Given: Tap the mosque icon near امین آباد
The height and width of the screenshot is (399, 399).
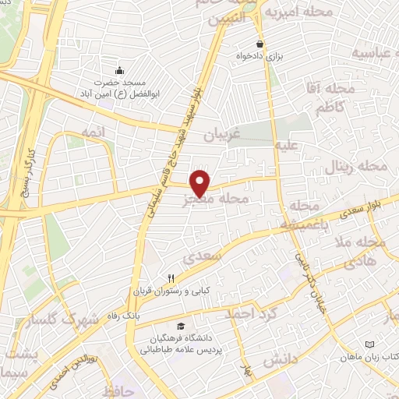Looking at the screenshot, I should click(119, 71).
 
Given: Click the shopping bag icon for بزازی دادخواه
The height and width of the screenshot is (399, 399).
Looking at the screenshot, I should click(260, 44).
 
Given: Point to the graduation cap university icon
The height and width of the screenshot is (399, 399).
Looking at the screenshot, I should click(181, 327).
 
